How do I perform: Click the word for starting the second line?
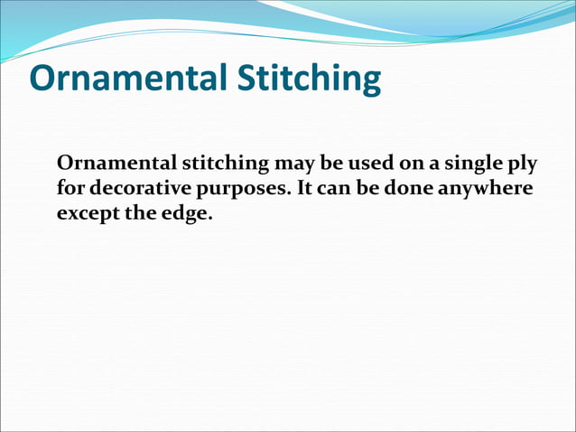[x=70, y=191]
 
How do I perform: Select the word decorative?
[x=133, y=190]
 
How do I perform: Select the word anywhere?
[x=485, y=191]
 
